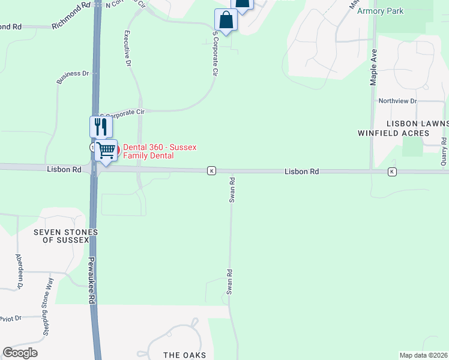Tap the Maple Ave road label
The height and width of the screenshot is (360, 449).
(x=374, y=67)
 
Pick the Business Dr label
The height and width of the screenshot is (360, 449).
(x=73, y=74)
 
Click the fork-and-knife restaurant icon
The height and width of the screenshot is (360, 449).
(x=100, y=127)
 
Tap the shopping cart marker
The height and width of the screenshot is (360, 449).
(x=106, y=150)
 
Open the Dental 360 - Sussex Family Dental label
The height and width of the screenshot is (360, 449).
(x=160, y=152)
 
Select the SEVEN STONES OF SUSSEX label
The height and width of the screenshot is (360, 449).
(x=65, y=236)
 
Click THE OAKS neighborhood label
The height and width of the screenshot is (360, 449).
(x=185, y=355)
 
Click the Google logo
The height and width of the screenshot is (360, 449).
(x=20, y=353)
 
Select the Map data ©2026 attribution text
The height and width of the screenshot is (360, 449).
(x=424, y=355)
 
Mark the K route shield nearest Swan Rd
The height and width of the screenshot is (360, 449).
(x=211, y=171)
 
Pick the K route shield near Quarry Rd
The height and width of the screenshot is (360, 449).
(x=392, y=172)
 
